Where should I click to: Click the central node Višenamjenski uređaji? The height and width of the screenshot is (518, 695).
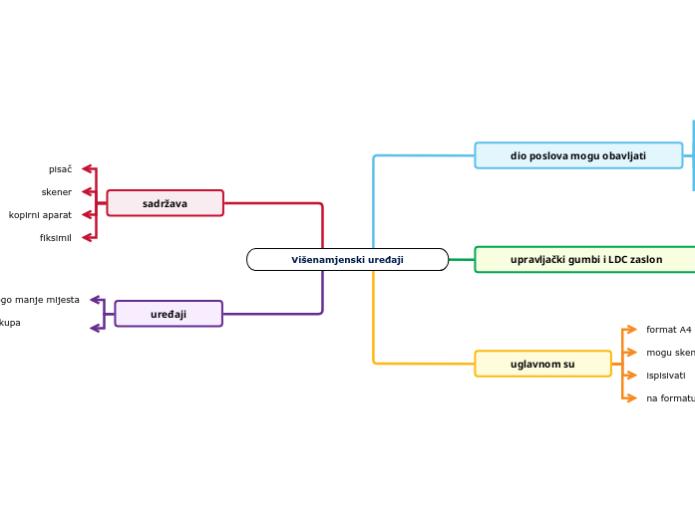[347, 260]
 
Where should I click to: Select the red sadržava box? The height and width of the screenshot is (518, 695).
[165, 203]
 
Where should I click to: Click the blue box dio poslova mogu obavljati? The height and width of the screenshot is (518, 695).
[578, 155]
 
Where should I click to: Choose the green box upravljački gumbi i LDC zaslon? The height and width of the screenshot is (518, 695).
[585, 259]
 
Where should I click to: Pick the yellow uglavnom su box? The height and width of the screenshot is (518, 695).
[542, 364]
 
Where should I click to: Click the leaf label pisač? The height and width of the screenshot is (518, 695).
[60, 169]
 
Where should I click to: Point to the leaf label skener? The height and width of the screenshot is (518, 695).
[56, 191]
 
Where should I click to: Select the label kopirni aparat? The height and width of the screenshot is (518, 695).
[40, 214]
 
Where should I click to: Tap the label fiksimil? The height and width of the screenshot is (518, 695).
[55, 237]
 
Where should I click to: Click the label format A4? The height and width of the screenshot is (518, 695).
[668, 329]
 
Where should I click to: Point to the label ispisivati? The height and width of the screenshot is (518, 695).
[665, 376]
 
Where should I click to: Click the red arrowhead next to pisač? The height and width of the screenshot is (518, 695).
[88, 169]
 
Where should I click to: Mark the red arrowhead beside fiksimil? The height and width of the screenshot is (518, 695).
[88, 237]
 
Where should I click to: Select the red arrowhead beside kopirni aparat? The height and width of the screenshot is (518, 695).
[88, 214]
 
